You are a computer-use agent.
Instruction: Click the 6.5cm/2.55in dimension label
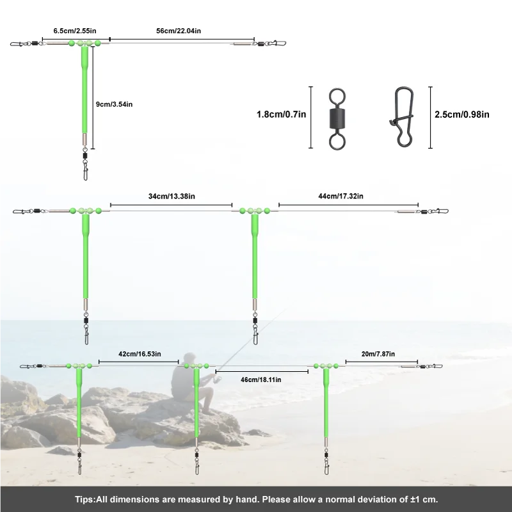click(x=75, y=31)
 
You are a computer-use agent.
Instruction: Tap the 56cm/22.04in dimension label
click(x=179, y=31)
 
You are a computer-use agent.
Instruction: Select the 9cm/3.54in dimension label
click(x=115, y=104)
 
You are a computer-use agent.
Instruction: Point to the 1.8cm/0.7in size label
click(x=282, y=115)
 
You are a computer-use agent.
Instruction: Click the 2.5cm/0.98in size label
click(x=462, y=115)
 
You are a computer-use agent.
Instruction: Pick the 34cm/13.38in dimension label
click(x=172, y=196)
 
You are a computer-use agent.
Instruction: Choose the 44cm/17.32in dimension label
click(x=341, y=196)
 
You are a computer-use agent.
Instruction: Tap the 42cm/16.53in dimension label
click(x=140, y=354)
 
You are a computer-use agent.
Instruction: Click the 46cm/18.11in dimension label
click(x=261, y=380)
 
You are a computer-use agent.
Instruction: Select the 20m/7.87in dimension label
click(x=378, y=354)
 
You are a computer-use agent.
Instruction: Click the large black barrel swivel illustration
click(x=337, y=119)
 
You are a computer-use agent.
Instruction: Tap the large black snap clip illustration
click(x=403, y=117)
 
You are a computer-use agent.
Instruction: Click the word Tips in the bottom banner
click(x=84, y=500)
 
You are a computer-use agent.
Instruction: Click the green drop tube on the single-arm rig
click(x=84, y=91)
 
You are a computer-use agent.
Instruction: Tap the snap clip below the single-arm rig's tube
click(x=86, y=170)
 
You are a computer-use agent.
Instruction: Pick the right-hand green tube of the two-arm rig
click(x=255, y=257)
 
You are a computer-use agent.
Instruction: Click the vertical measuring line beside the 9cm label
click(x=93, y=98)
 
